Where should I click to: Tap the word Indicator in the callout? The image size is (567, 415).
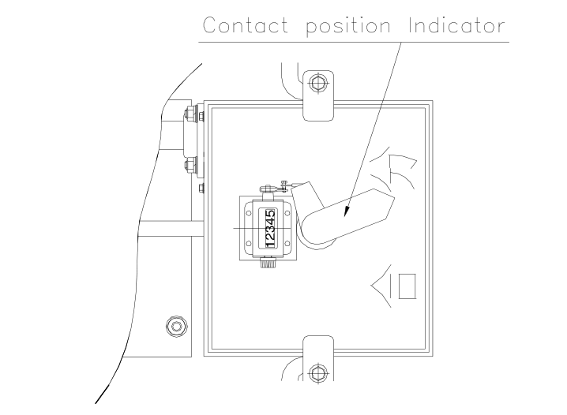pyautogui.click(x=456, y=26)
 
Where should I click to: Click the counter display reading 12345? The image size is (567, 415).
pyautogui.click(x=270, y=228)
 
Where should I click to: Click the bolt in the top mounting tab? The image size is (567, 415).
pyautogui.click(x=317, y=82)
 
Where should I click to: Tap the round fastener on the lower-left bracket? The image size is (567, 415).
pyautogui.click(x=176, y=324)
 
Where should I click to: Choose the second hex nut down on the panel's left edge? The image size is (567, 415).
pyautogui.click(x=190, y=166)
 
